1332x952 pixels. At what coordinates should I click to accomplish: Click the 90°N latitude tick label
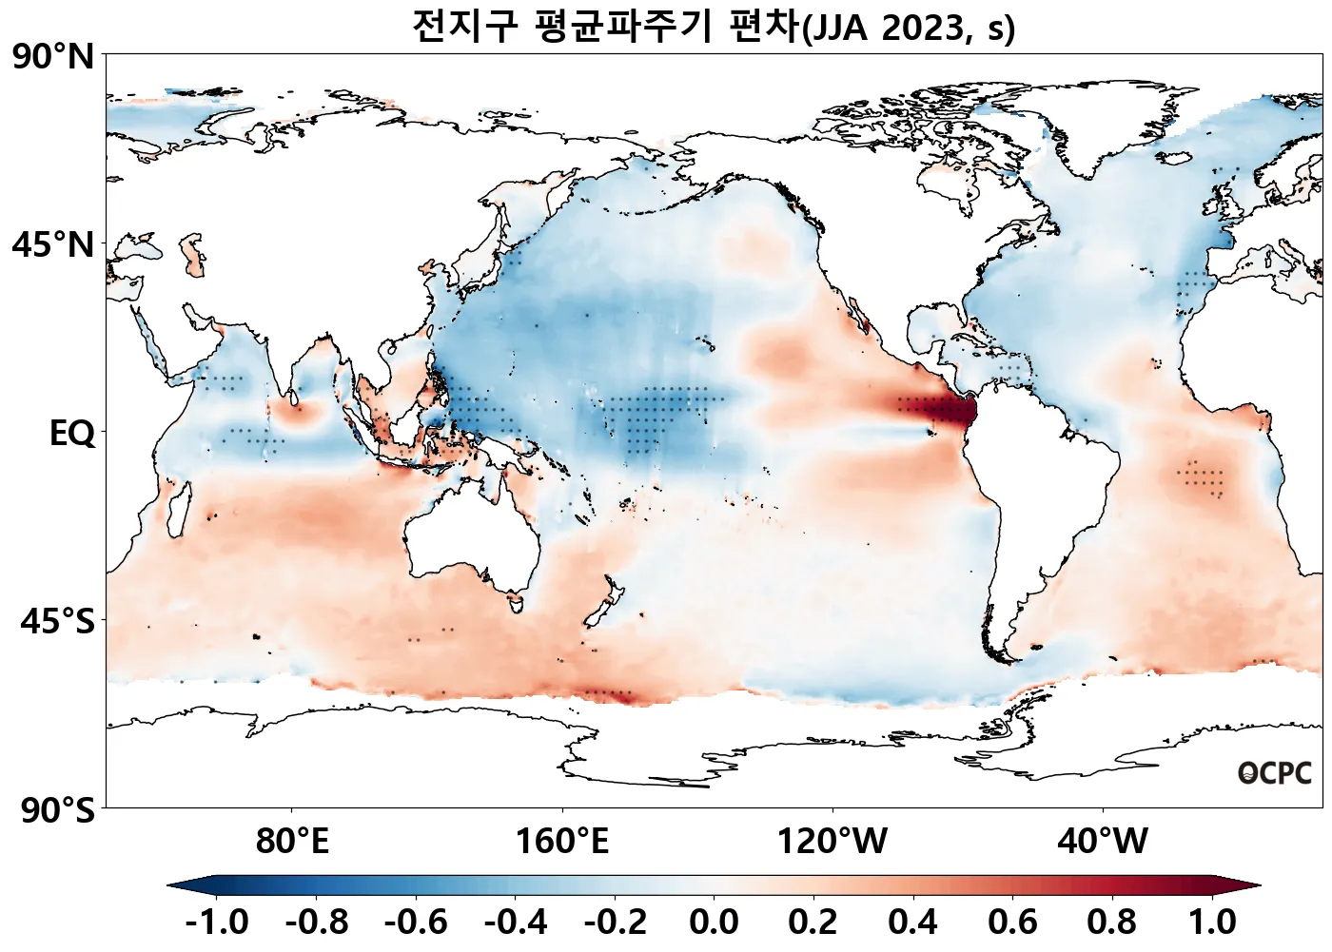[x=53, y=57]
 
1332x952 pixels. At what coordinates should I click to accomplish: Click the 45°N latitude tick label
[x=53, y=245]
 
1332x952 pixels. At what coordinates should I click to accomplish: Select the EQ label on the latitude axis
[x=72, y=434]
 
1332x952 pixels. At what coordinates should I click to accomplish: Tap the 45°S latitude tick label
[x=57, y=622]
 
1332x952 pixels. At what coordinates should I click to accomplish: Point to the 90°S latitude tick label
[x=57, y=811]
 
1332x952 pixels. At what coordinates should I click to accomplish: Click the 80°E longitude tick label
[x=292, y=842]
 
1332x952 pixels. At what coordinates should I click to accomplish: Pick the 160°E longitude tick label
[x=562, y=842]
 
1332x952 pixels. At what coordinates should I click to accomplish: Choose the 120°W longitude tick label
[x=832, y=842]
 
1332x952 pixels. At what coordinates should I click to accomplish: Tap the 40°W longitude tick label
[x=1103, y=842]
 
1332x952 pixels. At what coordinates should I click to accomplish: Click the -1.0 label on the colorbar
[x=217, y=923]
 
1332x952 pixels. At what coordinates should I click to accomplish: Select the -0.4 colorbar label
[x=516, y=923]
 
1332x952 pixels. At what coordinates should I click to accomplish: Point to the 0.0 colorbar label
[x=714, y=923]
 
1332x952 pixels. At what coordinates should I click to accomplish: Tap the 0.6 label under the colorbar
[x=1012, y=923]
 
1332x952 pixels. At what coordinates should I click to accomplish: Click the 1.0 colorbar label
[x=1213, y=923]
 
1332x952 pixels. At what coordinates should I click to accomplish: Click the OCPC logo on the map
[x=1274, y=774]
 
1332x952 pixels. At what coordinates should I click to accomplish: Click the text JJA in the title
[x=841, y=29]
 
